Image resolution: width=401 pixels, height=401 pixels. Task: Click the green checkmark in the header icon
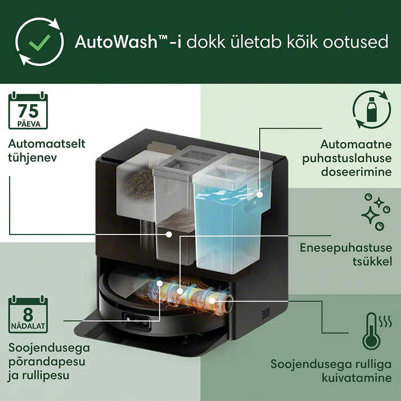[x=39, y=42]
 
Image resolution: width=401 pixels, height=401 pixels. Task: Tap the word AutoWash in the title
[x=116, y=42]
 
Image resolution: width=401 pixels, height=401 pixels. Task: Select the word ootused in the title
[x=355, y=42]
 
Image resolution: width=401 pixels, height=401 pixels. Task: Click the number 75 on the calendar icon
[x=28, y=111]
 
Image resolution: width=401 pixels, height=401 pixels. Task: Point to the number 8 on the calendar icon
[x=28, y=314]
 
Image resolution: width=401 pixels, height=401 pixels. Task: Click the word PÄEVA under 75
[x=29, y=124]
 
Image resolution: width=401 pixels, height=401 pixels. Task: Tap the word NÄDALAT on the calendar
[x=28, y=326]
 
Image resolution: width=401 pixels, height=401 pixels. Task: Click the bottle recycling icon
[x=372, y=109]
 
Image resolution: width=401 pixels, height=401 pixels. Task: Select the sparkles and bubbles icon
[x=376, y=212]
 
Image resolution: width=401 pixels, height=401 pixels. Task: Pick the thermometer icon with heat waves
[x=377, y=331]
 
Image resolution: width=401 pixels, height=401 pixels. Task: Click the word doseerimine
[x=356, y=172]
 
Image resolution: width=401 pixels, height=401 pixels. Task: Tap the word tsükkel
[x=372, y=262]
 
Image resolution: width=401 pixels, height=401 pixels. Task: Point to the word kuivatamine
[x=357, y=378]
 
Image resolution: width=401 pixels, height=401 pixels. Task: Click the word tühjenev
[x=32, y=158]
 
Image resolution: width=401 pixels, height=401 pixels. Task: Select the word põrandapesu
[x=47, y=362]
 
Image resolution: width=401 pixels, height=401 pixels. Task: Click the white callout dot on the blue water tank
[x=260, y=195]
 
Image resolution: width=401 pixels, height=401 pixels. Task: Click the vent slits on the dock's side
[x=265, y=313]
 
